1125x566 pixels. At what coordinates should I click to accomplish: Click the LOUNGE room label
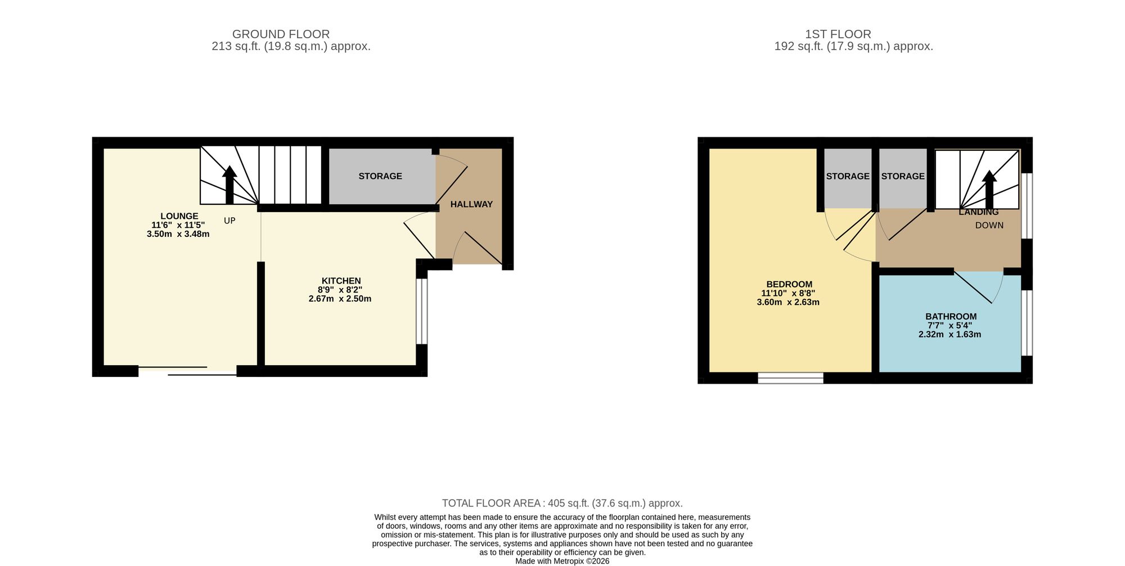179,216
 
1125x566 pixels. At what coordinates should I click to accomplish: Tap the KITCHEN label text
341,281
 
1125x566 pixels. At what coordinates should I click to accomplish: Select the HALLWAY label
471,204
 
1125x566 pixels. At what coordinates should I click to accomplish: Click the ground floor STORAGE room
380,176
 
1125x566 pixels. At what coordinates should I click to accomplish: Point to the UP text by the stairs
229,221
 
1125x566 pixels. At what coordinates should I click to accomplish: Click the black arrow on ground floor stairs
229,183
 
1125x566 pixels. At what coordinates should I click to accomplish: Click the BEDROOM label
789,284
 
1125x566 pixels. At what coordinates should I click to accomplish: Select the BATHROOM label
951,317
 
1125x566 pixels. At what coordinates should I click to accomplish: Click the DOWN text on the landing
989,225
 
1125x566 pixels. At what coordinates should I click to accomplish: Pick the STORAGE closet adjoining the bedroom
848,176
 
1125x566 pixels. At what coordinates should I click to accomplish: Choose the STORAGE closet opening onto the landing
902,176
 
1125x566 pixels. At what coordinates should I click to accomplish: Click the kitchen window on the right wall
421,311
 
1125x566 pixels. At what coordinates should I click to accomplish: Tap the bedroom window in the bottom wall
790,378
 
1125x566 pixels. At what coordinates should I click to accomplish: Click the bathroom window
1027,323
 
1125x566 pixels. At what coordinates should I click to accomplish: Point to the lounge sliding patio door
187,371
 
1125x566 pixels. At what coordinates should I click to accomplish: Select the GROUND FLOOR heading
281,34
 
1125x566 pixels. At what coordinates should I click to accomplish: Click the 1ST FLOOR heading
838,34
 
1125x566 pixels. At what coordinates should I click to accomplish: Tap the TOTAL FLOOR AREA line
562,503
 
